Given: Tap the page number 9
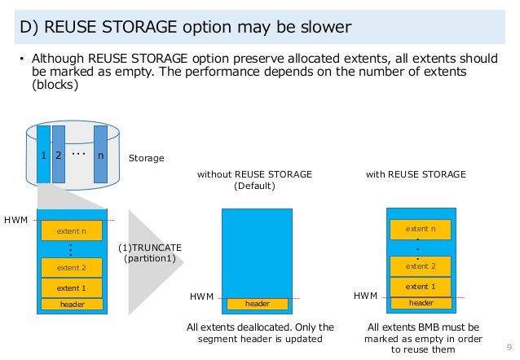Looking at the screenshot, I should [509, 342].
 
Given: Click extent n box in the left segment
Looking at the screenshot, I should [72, 231].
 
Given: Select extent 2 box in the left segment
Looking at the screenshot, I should [72, 267].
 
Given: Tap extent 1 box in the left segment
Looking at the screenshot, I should [72, 288].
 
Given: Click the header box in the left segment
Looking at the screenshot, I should [72, 304].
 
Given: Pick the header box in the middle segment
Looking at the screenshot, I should [258, 304].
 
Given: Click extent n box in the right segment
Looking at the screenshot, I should [421, 229].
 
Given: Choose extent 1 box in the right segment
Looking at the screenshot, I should [421, 286].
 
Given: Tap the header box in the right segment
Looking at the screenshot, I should [421, 303].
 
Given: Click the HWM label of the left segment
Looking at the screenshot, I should [15, 219].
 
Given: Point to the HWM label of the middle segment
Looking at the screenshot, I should [201, 298].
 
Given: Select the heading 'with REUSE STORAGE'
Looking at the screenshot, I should [416, 174].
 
